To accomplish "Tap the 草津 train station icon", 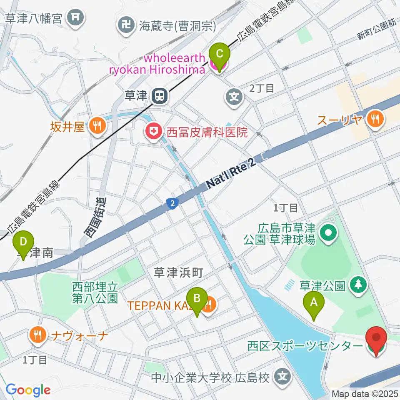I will pyautogui.click(x=159, y=96).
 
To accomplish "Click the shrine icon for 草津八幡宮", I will pyautogui.click(x=76, y=17).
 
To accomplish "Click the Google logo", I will pyautogui.click(x=28, y=390).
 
